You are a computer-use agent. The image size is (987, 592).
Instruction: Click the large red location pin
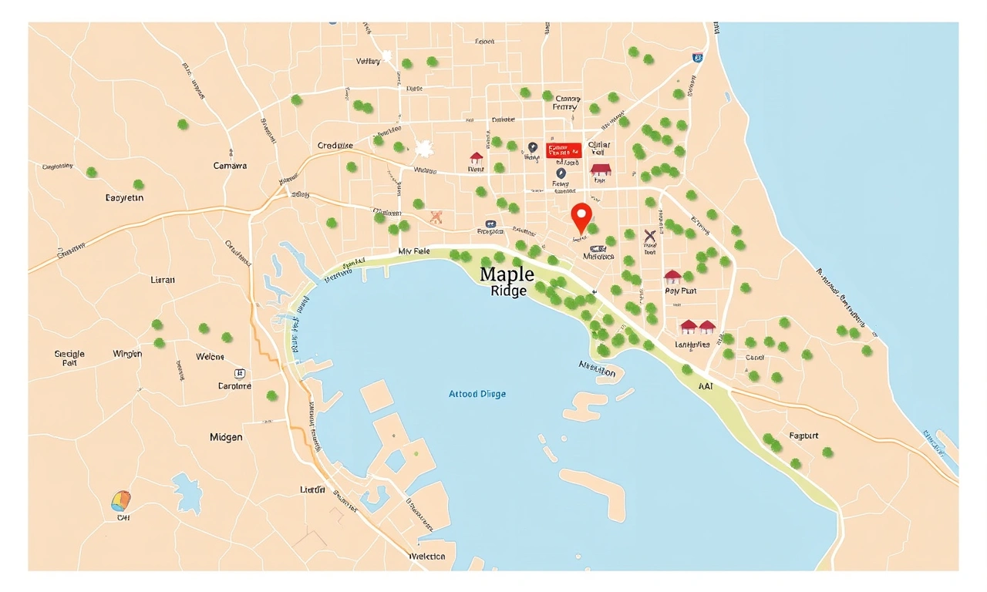point(582,217)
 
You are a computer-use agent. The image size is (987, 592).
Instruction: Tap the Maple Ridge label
point(507,281)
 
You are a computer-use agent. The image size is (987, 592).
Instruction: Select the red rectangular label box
point(564,150)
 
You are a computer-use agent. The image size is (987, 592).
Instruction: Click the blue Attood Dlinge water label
point(477,394)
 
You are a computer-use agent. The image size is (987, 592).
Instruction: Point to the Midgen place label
point(226,437)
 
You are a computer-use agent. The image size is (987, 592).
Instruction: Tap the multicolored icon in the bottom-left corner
point(121,502)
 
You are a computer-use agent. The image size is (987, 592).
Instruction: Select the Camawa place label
point(230,166)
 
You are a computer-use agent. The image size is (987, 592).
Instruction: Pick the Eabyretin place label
point(124,198)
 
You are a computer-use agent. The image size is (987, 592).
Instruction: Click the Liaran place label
point(163,280)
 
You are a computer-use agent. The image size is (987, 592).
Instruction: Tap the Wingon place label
point(127,354)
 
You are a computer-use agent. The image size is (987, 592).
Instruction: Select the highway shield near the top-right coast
point(697,57)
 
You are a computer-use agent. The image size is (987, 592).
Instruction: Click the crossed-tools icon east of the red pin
point(649,237)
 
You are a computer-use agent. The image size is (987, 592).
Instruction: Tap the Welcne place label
point(210,357)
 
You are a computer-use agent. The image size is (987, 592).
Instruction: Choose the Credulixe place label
point(335,145)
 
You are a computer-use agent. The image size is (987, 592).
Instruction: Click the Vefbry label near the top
point(369,61)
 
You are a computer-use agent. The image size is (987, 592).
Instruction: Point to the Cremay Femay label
point(566,103)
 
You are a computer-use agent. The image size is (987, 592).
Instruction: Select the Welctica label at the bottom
point(426,557)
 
